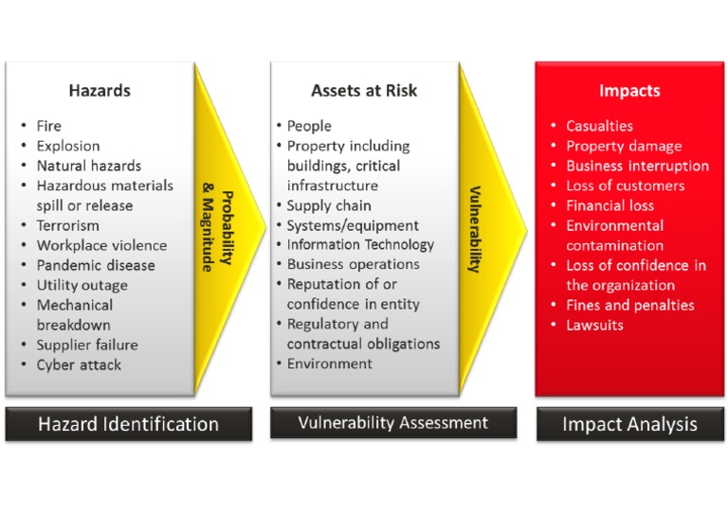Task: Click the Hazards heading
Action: tap(100, 92)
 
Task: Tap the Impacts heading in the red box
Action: tap(629, 92)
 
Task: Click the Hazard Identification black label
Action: tap(128, 424)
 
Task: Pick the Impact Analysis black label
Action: tap(629, 424)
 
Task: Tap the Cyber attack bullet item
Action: tap(79, 364)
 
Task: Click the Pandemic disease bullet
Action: tap(94, 266)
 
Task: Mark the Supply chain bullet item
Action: tap(329, 205)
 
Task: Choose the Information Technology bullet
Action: tap(360, 244)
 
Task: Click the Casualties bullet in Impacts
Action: tap(599, 126)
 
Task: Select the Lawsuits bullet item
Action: tap(594, 325)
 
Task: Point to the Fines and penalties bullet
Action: tap(629, 305)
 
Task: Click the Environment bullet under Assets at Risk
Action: tap(330, 363)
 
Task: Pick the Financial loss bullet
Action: tap(610, 205)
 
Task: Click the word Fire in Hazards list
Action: tap(48, 126)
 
